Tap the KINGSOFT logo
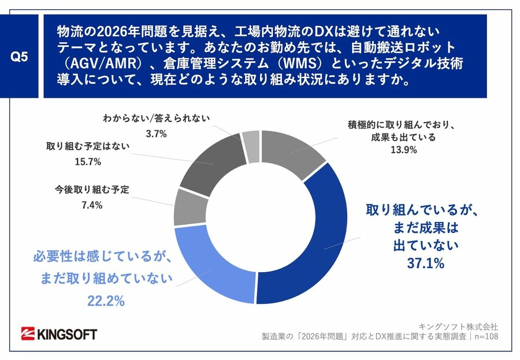point(59,334)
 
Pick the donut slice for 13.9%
point(292,153)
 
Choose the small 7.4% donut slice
point(189,207)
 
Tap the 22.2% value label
point(106,301)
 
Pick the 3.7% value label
point(156,133)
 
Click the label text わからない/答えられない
point(156,120)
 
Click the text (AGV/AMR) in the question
point(98,61)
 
